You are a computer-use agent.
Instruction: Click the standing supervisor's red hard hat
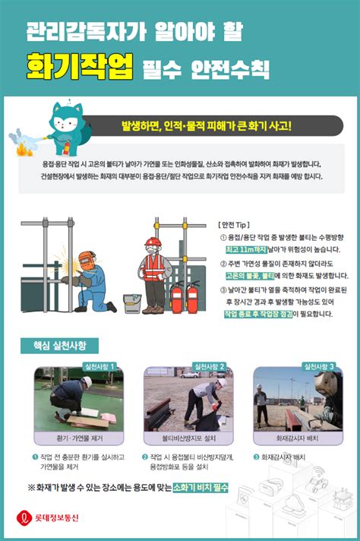(153, 243)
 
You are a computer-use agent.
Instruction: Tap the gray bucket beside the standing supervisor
(131, 302)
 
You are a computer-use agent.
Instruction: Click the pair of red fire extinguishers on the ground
(184, 298)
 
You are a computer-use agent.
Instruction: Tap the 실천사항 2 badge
(210, 366)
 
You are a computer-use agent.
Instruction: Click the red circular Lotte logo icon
(24, 518)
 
